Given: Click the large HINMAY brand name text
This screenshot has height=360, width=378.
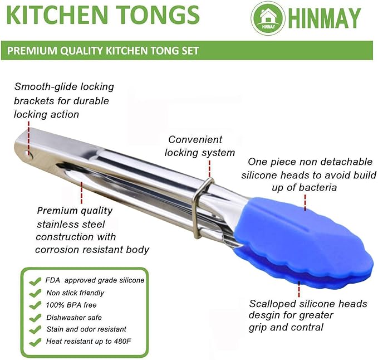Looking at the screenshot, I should pyautogui.click(x=325, y=19).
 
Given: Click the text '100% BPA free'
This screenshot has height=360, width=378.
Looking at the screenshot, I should pyautogui.click(x=71, y=305).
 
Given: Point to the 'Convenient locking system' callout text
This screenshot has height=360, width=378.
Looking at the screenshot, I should pyautogui.click(x=201, y=146).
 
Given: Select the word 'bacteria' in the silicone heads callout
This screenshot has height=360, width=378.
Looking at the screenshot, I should pyautogui.click(x=318, y=188).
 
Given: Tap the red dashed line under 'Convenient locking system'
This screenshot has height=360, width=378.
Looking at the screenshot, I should pyautogui.click(x=209, y=168).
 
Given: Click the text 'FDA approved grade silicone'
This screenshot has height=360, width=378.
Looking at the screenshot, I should pyautogui.click(x=95, y=280).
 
